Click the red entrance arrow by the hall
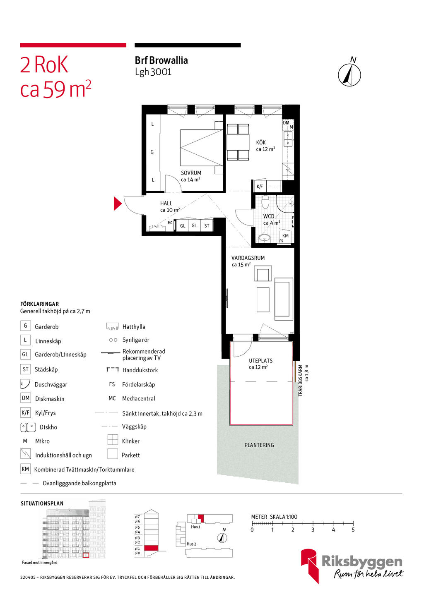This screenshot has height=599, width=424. pyautogui.click(x=118, y=203)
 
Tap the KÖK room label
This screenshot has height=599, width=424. pyautogui.click(x=261, y=142)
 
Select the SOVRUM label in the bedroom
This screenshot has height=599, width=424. pyautogui.click(x=191, y=173)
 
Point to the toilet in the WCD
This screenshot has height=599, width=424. pyautogui.click(x=265, y=201)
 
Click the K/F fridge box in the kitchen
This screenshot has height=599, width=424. pyautogui.click(x=260, y=187)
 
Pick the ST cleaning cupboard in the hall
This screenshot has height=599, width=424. pyautogui.click(x=207, y=225)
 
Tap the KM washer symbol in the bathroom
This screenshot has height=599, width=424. pyautogui.click(x=285, y=235)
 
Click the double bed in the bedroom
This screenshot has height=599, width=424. pyautogui.click(x=202, y=148)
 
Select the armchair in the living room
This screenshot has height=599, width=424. pyautogui.click(x=263, y=273)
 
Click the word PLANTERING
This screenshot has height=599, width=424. pyautogui.click(x=259, y=445)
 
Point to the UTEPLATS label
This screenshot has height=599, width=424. pyautogui.click(x=260, y=360)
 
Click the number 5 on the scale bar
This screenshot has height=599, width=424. pyautogui.click(x=353, y=529)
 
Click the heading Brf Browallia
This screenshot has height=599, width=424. pyautogui.click(x=161, y=60)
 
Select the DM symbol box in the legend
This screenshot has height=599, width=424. pyautogui.click(x=26, y=398)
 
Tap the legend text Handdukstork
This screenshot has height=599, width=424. pyautogui.click(x=140, y=370)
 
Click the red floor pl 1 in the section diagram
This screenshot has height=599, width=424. pyautogui.click(x=151, y=548)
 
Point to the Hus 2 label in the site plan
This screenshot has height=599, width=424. pyautogui.click(x=191, y=544)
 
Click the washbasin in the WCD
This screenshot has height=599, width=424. pyautogui.click(x=265, y=238)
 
